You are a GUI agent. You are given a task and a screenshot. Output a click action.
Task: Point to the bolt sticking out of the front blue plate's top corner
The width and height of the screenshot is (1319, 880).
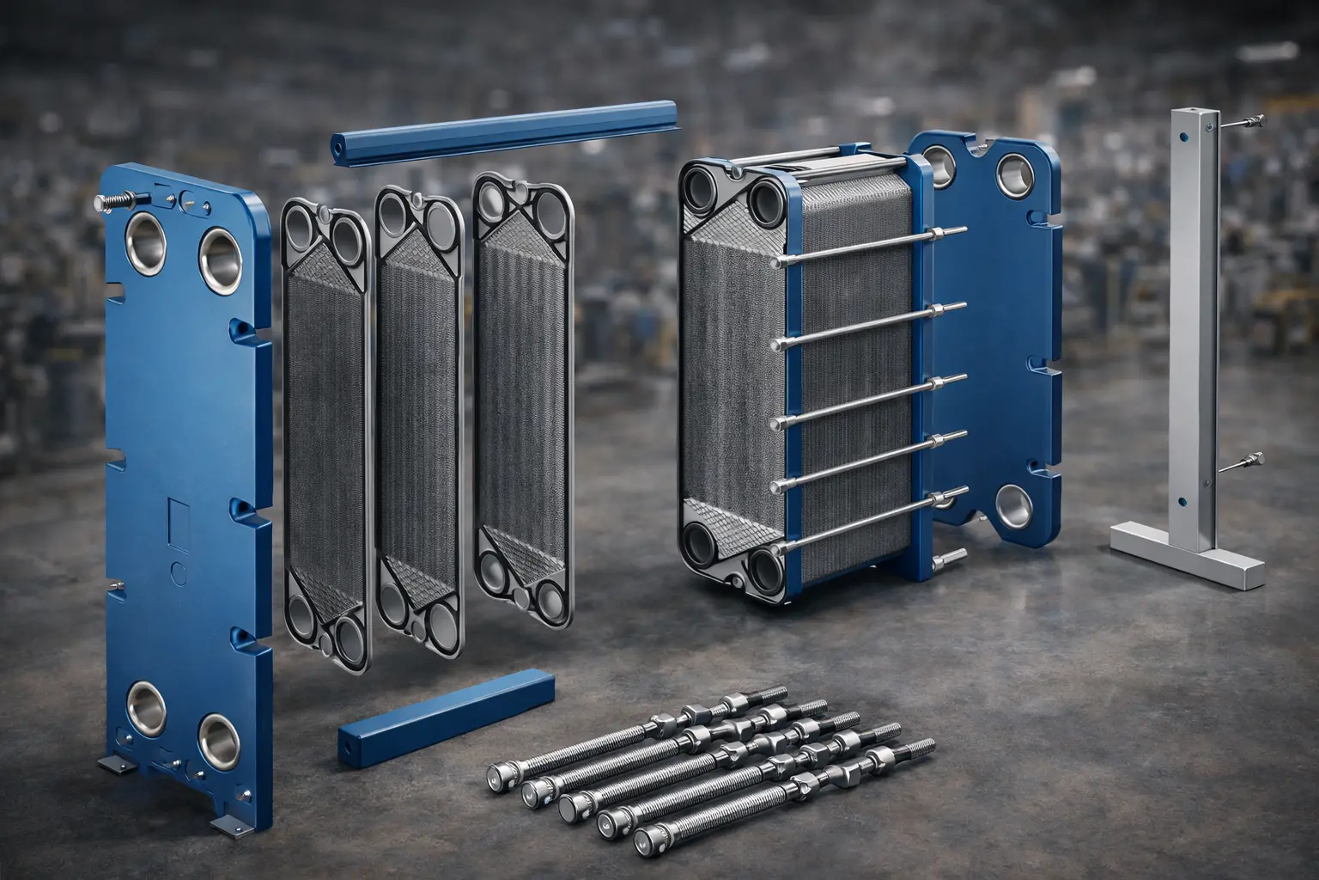[x=109, y=201]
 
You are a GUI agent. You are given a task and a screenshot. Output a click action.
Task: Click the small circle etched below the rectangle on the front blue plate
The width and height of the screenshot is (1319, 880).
[x=179, y=570]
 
